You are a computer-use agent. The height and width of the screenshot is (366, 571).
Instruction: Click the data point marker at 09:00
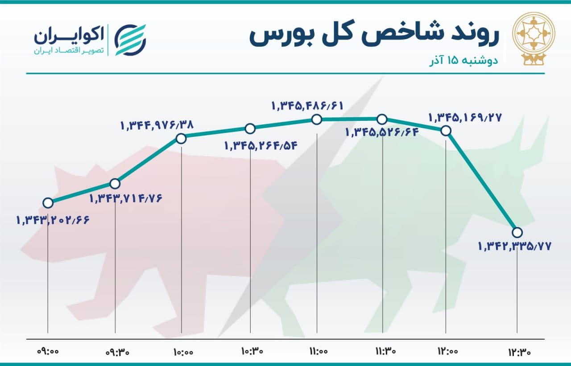click(48, 203)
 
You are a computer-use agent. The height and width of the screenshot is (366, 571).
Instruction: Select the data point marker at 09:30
click(115, 183)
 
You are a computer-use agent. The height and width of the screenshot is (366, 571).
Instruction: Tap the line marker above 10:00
click(181, 139)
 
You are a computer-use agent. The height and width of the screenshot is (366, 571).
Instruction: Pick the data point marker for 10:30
click(250, 129)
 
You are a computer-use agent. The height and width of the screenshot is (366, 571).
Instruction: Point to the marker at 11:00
click(317, 119)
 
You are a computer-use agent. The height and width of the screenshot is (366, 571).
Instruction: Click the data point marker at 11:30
click(382, 119)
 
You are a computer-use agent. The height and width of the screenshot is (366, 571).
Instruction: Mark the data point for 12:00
click(446, 131)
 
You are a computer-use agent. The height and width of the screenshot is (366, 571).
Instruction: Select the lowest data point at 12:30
click(517, 232)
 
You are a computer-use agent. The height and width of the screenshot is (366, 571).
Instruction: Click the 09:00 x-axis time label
click(48, 352)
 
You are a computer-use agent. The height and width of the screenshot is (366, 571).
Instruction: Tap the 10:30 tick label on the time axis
click(252, 352)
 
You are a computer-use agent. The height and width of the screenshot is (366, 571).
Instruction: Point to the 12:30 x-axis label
click(520, 352)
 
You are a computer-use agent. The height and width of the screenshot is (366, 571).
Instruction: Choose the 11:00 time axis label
click(319, 352)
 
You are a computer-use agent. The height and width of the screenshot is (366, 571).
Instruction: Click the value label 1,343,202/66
click(53, 220)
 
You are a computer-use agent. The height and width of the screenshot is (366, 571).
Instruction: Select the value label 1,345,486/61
click(307, 106)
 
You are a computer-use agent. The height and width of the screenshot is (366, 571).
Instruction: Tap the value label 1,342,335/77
click(515, 246)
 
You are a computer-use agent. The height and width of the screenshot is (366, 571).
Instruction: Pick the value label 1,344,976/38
click(157, 125)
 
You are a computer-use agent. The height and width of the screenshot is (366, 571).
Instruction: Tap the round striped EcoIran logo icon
click(130, 40)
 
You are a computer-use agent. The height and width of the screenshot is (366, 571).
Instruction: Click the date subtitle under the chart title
click(463, 61)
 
